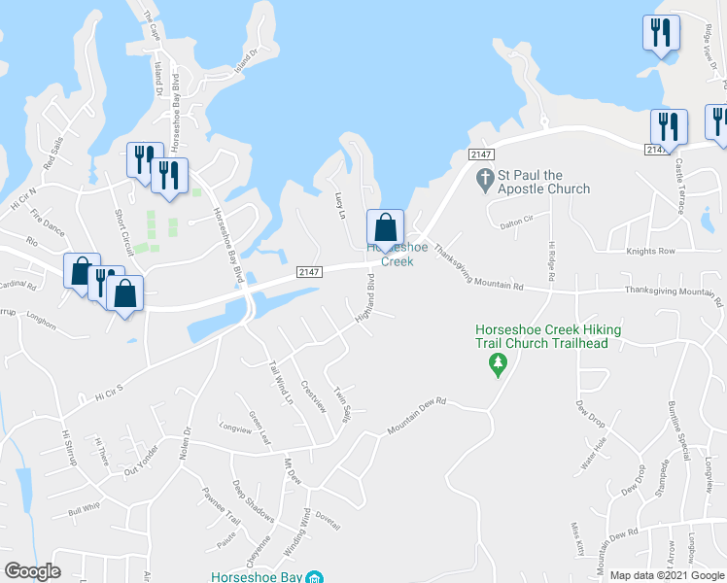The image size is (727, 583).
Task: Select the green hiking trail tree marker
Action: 499,364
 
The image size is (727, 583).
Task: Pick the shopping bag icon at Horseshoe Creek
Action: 385,228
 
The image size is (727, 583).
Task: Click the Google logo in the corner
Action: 33,571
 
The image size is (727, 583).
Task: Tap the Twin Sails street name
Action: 342,404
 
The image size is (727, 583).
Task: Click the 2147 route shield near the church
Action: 481,154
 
